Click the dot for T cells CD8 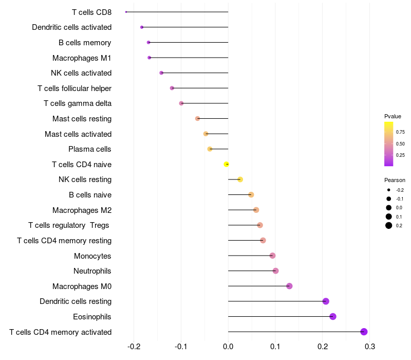point(126,12)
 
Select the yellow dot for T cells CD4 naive point(227,164)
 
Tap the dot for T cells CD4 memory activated point(364,332)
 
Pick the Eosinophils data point point(333,316)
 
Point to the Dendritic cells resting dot point(326,301)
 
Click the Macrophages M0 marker point(289,286)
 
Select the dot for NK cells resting point(240,179)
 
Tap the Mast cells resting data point point(198,119)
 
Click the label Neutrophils point(92,271)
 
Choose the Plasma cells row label point(90,149)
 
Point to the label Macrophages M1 point(82,58)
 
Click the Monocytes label point(92,256)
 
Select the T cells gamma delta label point(78,103)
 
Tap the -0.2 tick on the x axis point(134,347)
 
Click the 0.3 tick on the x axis point(370,347)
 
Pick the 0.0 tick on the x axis point(228,347)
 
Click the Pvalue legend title point(393,116)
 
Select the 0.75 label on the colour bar point(400,132)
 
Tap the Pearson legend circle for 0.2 point(389,225)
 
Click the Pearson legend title point(395,180)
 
